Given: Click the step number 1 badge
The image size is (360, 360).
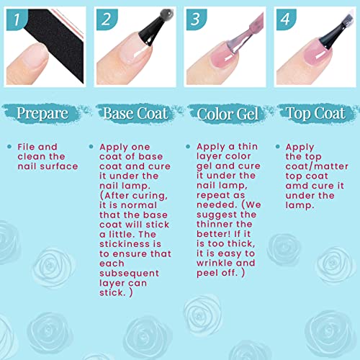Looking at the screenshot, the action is tap(17, 19).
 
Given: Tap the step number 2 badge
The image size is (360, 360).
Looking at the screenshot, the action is tap(107, 19).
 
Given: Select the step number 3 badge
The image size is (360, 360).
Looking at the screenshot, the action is tap(197, 19).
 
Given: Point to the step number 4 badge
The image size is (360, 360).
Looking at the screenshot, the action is tap(286, 19).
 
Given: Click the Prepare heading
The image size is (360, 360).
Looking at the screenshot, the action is tap(42, 113).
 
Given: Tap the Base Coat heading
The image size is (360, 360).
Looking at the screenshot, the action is tap(135, 113).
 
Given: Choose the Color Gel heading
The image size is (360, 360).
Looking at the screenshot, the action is tap(228, 114).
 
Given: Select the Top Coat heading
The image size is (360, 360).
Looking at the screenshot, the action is tap(315, 113).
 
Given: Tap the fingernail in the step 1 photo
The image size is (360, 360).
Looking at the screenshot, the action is tap(32, 55).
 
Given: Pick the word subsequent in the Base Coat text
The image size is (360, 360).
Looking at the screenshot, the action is tap(129, 274).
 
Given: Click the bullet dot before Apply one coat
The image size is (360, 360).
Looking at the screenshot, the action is tap(91, 146).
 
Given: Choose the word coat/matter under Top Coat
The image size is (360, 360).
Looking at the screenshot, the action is tap(317, 166).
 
